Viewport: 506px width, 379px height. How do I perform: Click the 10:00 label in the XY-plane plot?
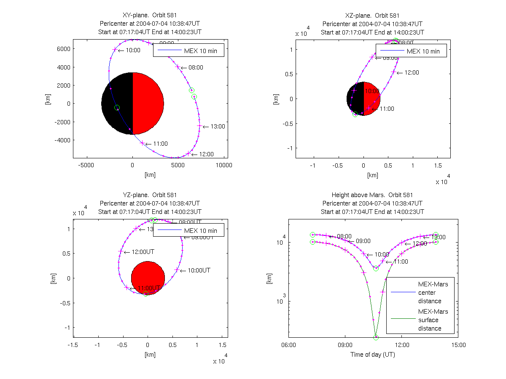pyautogui.click(x=133, y=50)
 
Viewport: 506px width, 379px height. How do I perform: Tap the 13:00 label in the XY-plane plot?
pyautogui.click(x=218, y=126)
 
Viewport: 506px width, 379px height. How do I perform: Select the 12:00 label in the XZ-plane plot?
pyautogui.click(x=411, y=72)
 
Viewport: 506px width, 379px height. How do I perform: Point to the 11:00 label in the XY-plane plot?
pyautogui.click(x=161, y=144)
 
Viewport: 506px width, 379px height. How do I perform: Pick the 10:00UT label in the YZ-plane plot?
pyautogui.click(x=199, y=270)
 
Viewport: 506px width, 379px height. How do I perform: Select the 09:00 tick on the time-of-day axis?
pyautogui.click(x=345, y=345)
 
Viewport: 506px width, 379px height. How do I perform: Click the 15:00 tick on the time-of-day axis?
pyautogui.click(x=458, y=345)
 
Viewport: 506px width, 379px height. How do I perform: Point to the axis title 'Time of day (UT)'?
pyautogui.click(x=373, y=355)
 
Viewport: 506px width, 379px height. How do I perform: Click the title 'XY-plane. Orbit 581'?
pyautogui.click(x=150, y=16)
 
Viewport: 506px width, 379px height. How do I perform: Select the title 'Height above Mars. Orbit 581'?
pyautogui.click(x=372, y=195)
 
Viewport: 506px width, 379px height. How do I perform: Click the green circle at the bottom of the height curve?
pyautogui.click(x=376, y=337)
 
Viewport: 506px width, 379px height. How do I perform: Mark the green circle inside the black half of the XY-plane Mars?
pyautogui.click(x=117, y=108)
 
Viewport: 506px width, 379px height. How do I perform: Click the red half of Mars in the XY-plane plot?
pyautogui.click(x=148, y=103)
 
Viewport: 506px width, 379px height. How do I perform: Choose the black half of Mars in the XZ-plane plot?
pyautogui.click(x=355, y=99)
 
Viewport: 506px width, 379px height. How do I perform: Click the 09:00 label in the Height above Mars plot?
pyautogui.click(x=363, y=241)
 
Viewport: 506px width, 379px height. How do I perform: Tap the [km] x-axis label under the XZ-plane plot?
pyautogui.click(x=372, y=175)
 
